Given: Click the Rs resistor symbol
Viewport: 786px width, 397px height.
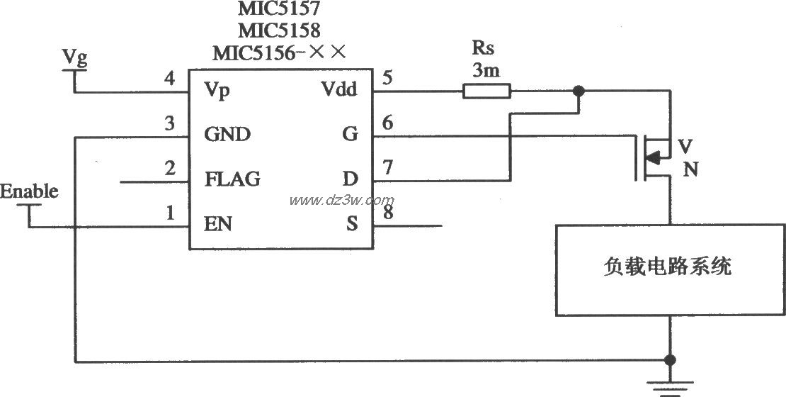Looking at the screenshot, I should coord(486,91).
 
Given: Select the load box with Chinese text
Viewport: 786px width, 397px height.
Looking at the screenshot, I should coord(670,269).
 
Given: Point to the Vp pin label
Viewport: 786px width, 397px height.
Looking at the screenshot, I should coord(217,91).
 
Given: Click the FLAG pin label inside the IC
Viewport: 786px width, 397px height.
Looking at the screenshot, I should coord(232,179).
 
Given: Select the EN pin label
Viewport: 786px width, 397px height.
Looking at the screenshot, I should coord(218,225).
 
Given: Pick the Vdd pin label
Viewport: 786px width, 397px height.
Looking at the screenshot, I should coord(339,90).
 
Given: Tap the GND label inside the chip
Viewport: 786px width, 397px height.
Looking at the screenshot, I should coord(227,134).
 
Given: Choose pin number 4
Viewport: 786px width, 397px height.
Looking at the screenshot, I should coord(169,77).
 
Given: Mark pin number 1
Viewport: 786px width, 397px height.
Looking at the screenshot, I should coord(169,212).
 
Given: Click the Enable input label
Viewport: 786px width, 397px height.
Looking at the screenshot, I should coord(29,191).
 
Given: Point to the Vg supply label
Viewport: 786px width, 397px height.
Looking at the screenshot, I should coord(74,58).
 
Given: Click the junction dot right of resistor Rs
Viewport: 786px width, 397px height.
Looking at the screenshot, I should coord(579,91).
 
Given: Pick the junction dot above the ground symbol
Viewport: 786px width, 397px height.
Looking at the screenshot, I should coord(669,359).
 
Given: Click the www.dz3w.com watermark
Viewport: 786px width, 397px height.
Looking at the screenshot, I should coord(341,201).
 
